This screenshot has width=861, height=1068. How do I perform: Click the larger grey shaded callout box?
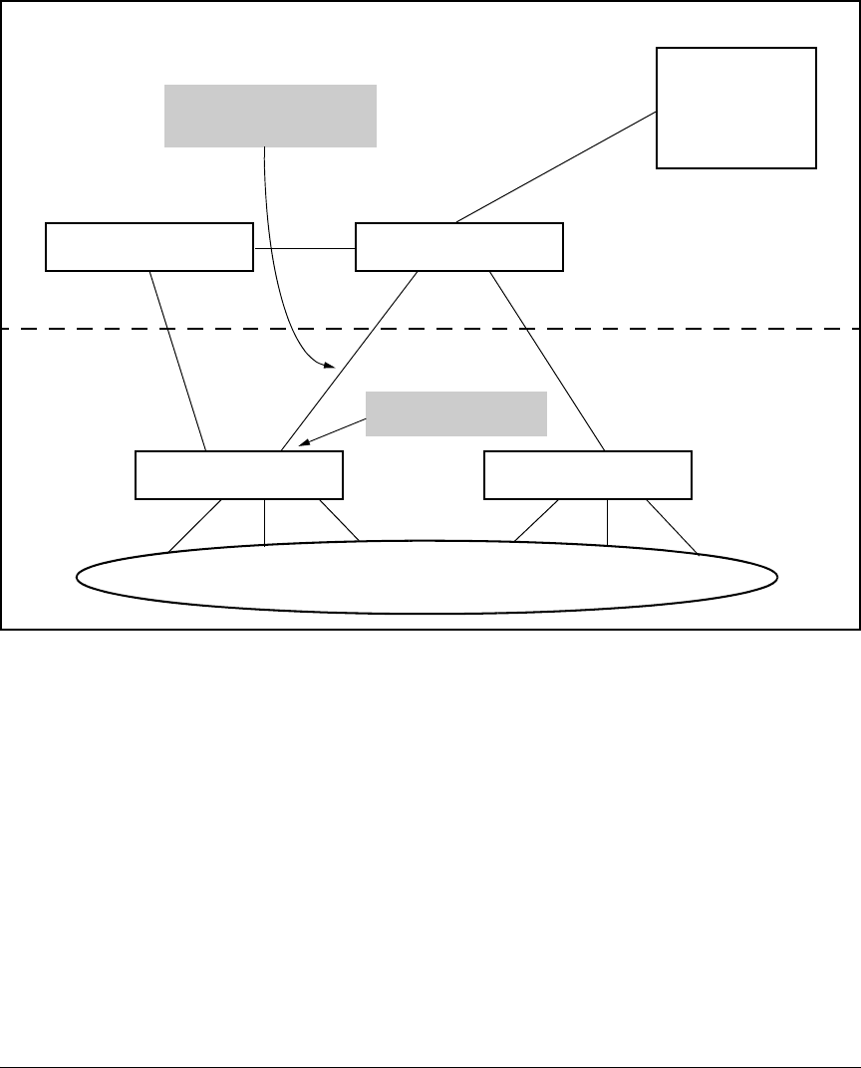pyautogui.click(x=270, y=116)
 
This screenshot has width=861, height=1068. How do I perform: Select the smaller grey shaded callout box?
pyautogui.click(x=456, y=413)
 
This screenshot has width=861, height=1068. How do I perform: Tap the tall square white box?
pyautogui.click(x=736, y=107)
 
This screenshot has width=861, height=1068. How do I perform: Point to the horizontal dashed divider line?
pyautogui.click(x=598, y=328)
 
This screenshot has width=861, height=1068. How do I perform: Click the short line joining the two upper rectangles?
pyautogui.click(x=304, y=247)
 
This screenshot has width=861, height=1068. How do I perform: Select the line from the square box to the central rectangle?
pyautogui.click(x=556, y=167)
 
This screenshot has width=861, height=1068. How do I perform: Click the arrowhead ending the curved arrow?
pyautogui.click(x=327, y=366)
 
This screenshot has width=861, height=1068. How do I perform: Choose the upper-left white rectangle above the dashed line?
pyautogui.click(x=149, y=247)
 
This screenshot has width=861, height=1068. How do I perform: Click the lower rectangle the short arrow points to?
pyautogui.click(x=238, y=475)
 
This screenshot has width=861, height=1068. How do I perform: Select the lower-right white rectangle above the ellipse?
pyautogui.click(x=587, y=475)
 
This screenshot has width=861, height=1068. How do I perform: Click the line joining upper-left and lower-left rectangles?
pyautogui.click(x=177, y=361)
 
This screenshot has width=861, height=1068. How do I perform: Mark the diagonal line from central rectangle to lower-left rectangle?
pyautogui.click(x=349, y=361)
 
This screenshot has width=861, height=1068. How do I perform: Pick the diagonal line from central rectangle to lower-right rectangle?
pyautogui.click(x=547, y=361)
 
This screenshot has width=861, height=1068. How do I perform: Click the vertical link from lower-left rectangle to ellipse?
pyautogui.click(x=263, y=521)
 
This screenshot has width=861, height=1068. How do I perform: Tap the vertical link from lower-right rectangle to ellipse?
pyautogui.click(x=607, y=521)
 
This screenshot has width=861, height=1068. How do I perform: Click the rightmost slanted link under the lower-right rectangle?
pyautogui.click(x=673, y=526)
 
